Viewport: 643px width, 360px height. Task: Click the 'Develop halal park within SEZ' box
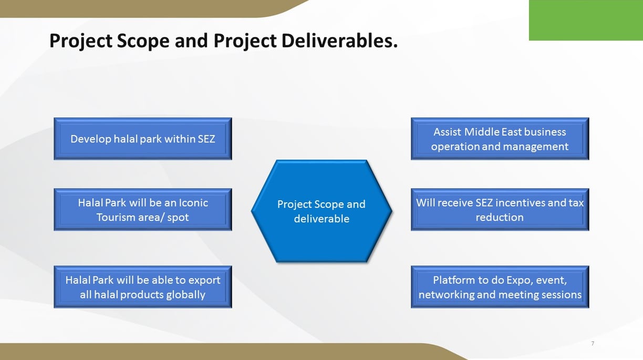[x=143, y=139]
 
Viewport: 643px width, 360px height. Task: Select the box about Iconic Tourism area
[x=143, y=210]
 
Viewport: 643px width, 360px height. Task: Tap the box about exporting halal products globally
[x=143, y=287]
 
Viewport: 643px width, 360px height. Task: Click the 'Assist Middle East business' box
[x=500, y=139]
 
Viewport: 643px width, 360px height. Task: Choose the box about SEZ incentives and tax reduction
[x=500, y=210]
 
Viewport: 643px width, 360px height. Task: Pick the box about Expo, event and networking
[x=500, y=287]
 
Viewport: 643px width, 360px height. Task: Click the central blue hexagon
[x=321, y=211]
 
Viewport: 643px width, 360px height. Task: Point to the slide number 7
[x=593, y=343]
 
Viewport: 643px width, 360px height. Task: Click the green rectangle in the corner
[x=586, y=20]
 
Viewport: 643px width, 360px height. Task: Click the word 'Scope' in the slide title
[x=143, y=42]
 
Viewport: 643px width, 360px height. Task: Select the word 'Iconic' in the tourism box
[x=193, y=203]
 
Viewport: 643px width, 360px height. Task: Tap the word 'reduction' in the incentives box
[x=500, y=218]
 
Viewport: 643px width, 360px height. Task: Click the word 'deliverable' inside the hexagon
[x=321, y=219]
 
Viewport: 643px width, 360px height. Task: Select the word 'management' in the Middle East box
[x=536, y=147]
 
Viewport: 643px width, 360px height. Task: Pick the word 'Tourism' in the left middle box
[x=116, y=218]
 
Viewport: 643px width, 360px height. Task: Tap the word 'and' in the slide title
[x=191, y=41]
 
